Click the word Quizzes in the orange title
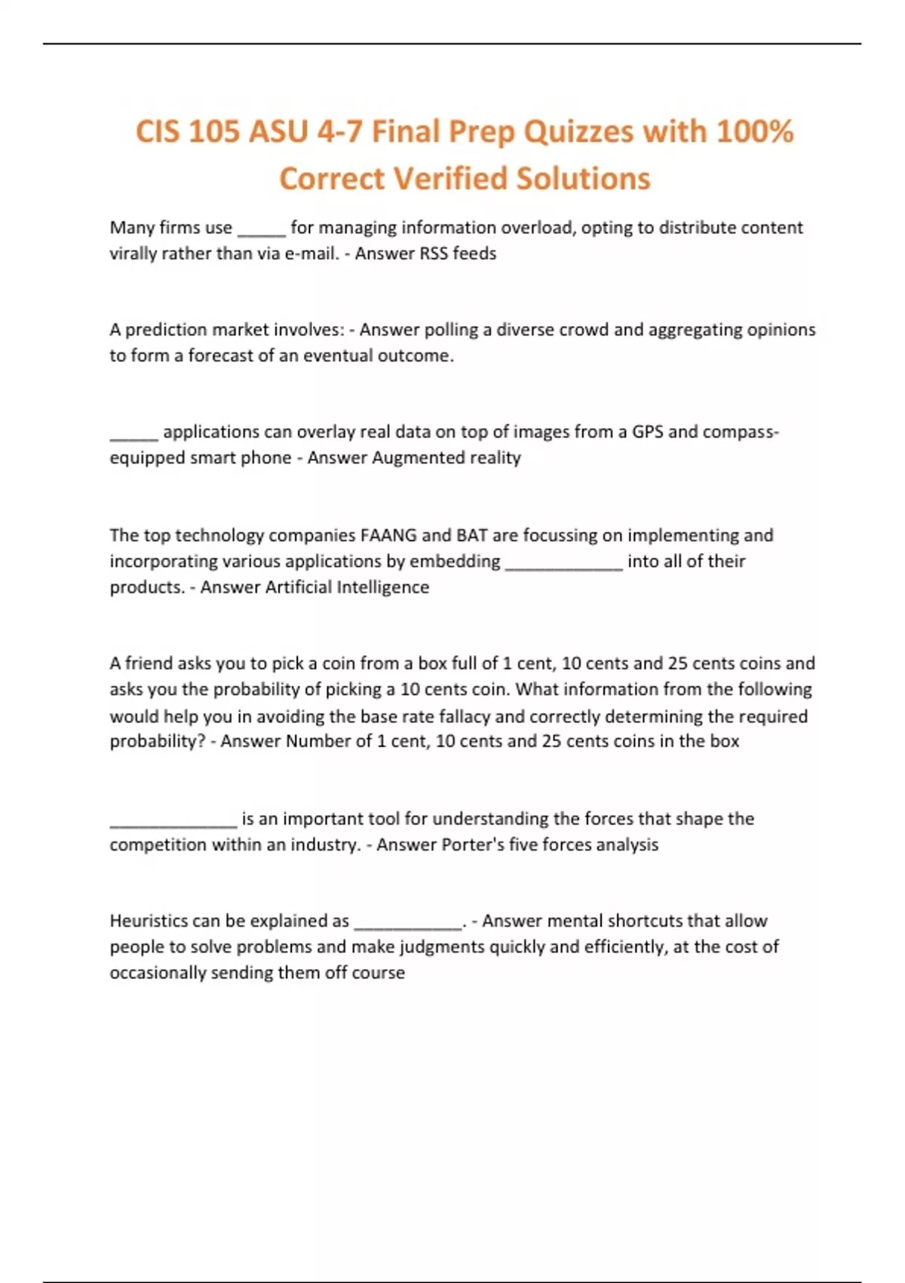click(x=578, y=133)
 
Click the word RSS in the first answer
click(x=434, y=254)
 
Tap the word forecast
click(x=219, y=355)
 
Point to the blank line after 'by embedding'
click(x=563, y=566)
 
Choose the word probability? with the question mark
click(x=158, y=741)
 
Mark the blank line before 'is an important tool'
click(x=173, y=824)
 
